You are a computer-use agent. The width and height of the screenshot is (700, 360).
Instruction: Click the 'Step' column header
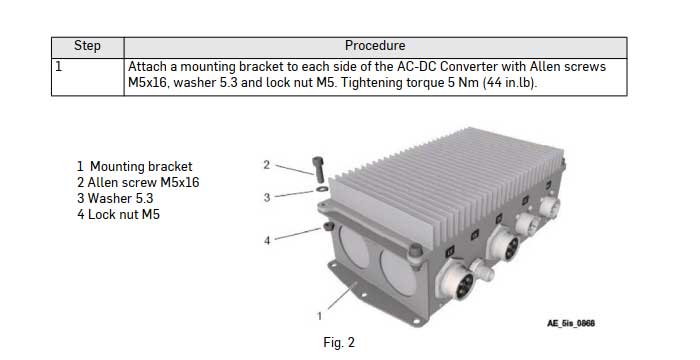(x=88, y=46)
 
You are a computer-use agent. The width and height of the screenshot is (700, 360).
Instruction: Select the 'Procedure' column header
(x=375, y=46)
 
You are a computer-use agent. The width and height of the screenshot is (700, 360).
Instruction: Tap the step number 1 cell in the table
(x=59, y=66)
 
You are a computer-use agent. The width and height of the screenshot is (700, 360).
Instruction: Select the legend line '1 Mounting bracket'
(x=134, y=166)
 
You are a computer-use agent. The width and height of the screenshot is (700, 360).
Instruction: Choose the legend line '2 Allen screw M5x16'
(x=138, y=182)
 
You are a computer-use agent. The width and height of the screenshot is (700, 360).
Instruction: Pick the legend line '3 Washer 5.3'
(x=117, y=198)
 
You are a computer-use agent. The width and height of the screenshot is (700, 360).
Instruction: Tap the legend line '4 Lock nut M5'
(x=118, y=214)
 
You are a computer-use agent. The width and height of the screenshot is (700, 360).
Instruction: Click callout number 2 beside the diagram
(x=267, y=164)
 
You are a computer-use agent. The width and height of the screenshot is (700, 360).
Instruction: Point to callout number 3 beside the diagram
(x=267, y=197)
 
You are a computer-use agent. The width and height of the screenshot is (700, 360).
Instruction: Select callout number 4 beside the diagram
(x=267, y=240)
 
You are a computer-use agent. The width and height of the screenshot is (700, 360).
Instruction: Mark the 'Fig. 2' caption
(x=339, y=343)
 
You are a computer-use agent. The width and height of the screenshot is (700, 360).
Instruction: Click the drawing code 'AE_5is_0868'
(x=577, y=323)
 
